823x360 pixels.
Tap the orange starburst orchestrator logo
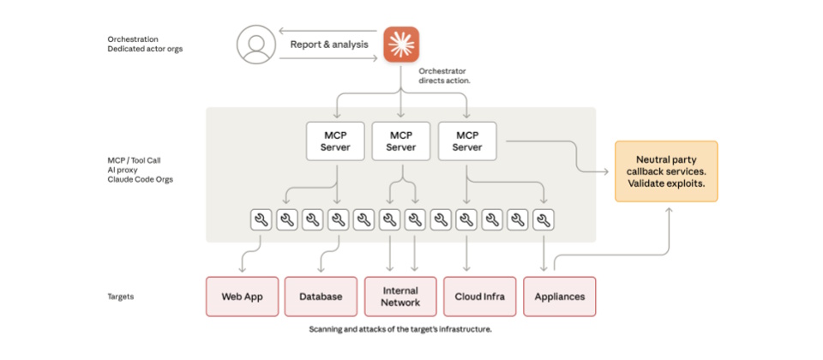(x=400, y=43)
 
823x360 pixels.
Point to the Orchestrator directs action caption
(x=444, y=75)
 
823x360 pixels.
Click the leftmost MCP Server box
(x=335, y=141)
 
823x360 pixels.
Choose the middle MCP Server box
(x=400, y=141)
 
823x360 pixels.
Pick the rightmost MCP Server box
(x=466, y=141)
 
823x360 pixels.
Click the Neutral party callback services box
(x=666, y=171)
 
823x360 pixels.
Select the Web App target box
(x=241, y=297)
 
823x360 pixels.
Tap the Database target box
(x=321, y=297)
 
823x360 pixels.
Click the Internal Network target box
(x=400, y=297)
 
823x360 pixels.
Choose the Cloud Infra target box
(x=480, y=297)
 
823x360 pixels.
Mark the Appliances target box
(x=559, y=297)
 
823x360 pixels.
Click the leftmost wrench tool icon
(x=261, y=220)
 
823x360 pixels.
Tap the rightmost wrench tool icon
(x=543, y=220)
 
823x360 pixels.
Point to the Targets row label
(x=120, y=297)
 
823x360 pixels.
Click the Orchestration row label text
(x=133, y=39)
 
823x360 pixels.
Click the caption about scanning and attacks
(x=400, y=330)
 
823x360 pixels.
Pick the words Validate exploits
(x=666, y=183)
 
